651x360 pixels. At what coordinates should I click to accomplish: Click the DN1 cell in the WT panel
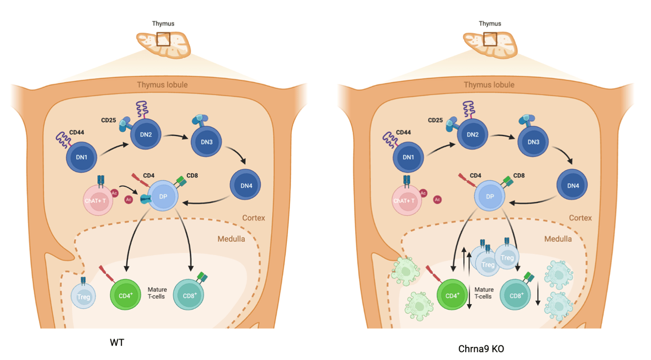[x=82, y=157]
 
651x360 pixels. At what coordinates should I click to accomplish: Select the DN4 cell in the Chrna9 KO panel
[x=572, y=185]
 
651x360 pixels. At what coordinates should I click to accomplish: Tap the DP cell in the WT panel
[x=163, y=196]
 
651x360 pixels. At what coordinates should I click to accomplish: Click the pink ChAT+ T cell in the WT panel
[x=98, y=201]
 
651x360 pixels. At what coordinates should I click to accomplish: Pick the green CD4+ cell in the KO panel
[x=452, y=295]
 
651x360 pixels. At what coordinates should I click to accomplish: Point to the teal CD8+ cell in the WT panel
[x=188, y=295]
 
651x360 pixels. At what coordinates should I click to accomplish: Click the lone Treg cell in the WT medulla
[x=83, y=296]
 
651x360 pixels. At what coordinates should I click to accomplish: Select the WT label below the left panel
[x=117, y=343]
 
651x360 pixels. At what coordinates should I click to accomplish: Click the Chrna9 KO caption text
[x=481, y=348]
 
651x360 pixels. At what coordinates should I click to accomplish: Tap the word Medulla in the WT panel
[x=232, y=239]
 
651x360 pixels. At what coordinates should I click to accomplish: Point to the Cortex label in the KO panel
[x=580, y=218]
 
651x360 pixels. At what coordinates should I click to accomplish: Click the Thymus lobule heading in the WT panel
[x=162, y=85]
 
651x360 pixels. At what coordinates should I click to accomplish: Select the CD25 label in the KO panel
[x=435, y=120]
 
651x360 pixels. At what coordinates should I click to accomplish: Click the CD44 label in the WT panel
[x=77, y=132]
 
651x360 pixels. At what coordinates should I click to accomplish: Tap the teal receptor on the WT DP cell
[x=146, y=199]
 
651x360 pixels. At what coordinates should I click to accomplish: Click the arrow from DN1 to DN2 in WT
[x=114, y=149]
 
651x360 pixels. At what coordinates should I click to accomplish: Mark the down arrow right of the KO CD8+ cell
[x=538, y=294]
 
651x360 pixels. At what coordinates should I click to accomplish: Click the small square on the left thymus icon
[x=163, y=39]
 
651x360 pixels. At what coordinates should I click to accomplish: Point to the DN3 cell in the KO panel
[x=533, y=142]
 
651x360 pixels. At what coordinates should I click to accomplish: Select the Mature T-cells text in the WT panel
[x=157, y=293]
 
